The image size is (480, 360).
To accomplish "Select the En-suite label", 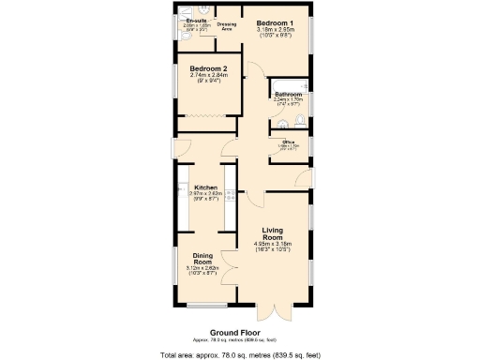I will coord(196,20).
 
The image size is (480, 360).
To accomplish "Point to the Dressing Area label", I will coord(226,27).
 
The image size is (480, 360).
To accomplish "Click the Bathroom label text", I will coord(288,95).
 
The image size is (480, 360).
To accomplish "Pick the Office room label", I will coord(289,142).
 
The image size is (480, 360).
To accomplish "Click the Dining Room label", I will coord(204,259).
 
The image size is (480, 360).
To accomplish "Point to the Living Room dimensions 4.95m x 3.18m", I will coord(273,244).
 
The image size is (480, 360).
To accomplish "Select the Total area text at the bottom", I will coord(240,354).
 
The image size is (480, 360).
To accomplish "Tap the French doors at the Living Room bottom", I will coord(272,312).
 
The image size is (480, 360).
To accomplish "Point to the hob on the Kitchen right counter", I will coord(228,196).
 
